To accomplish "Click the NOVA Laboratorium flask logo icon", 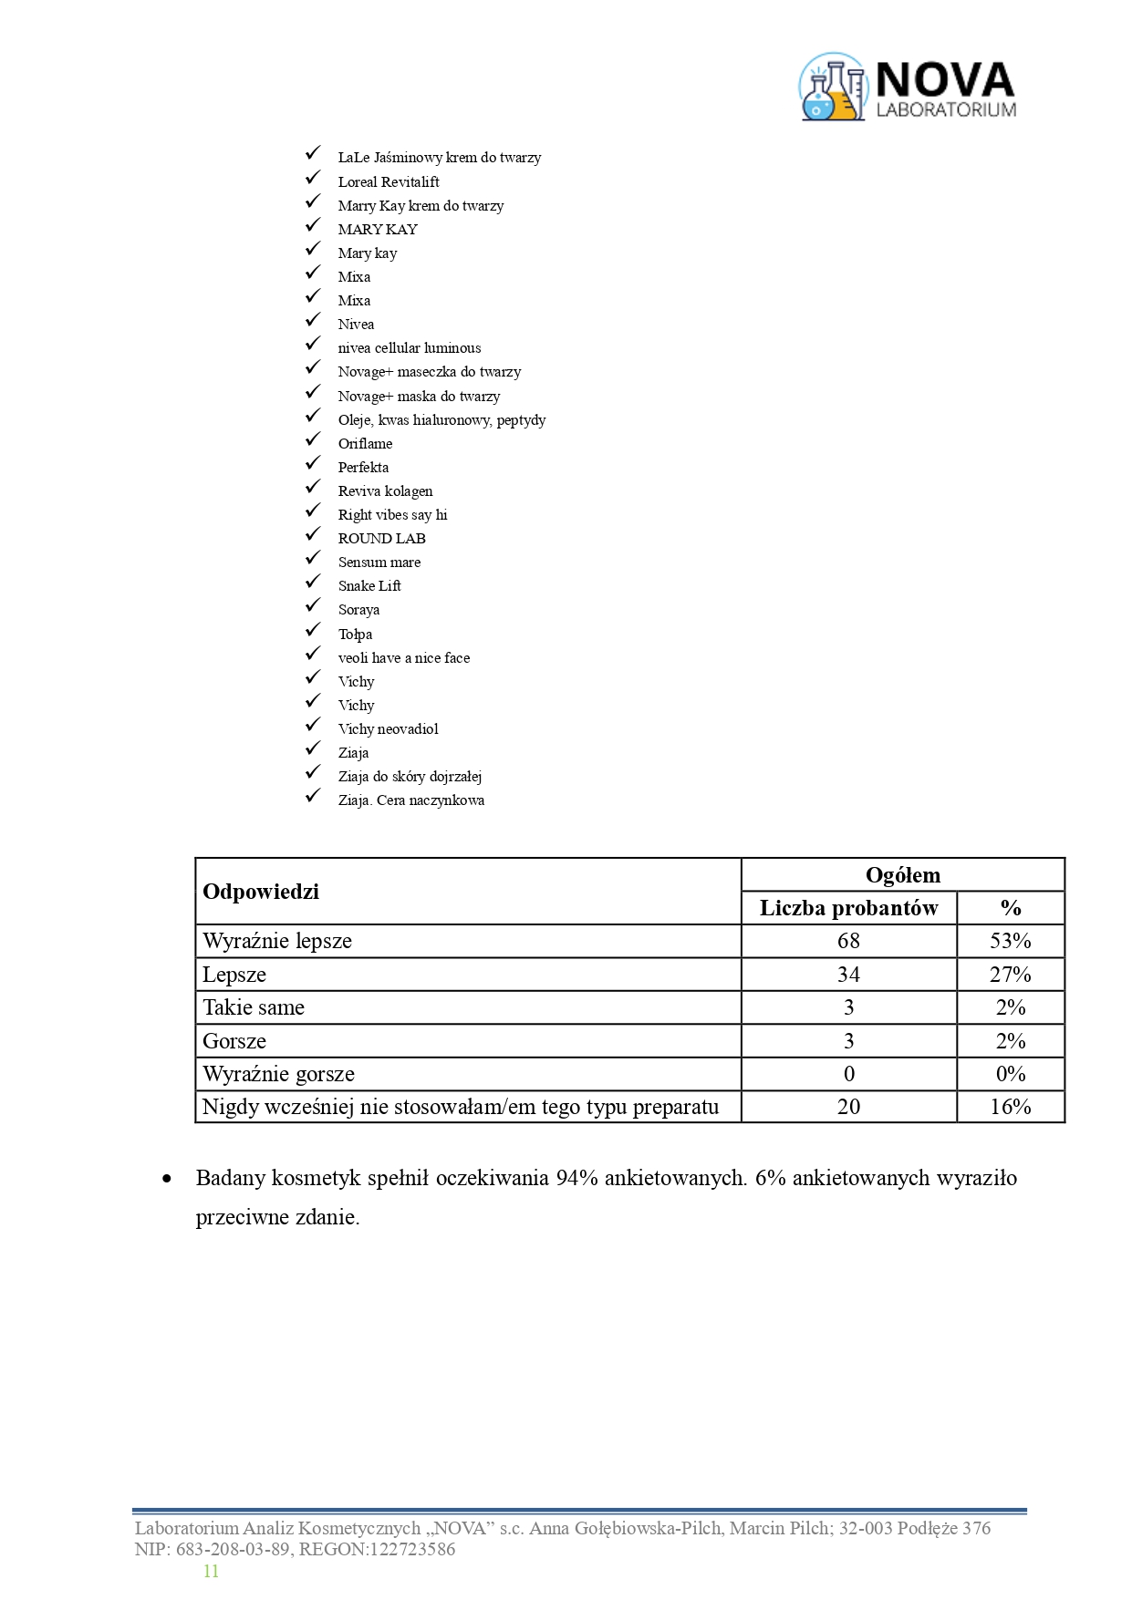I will click(832, 88).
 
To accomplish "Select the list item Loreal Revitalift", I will click(389, 182).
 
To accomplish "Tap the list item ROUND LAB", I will click(381, 539).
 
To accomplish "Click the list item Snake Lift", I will click(369, 586).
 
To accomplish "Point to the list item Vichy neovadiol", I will click(388, 729).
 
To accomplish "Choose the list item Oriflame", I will click(365, 444).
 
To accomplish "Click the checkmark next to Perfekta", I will click(314, 465).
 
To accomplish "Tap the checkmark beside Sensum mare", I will click(314, 560).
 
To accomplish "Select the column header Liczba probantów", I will click(848, 908).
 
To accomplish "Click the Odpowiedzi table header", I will click(261, 892).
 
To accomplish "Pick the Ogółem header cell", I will click(902, 875).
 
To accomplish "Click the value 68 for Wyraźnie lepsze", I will click(848, 941).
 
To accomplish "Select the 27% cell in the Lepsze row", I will click(1010, 975).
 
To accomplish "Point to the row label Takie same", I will click(254, 1007).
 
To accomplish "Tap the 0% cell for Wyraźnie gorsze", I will click(1010, 1074).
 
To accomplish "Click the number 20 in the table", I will click(848, 1107).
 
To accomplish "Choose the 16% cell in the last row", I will click(1010, 1107).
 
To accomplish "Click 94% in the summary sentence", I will click(576, 1178).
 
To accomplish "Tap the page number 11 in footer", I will click(211, 1571).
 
